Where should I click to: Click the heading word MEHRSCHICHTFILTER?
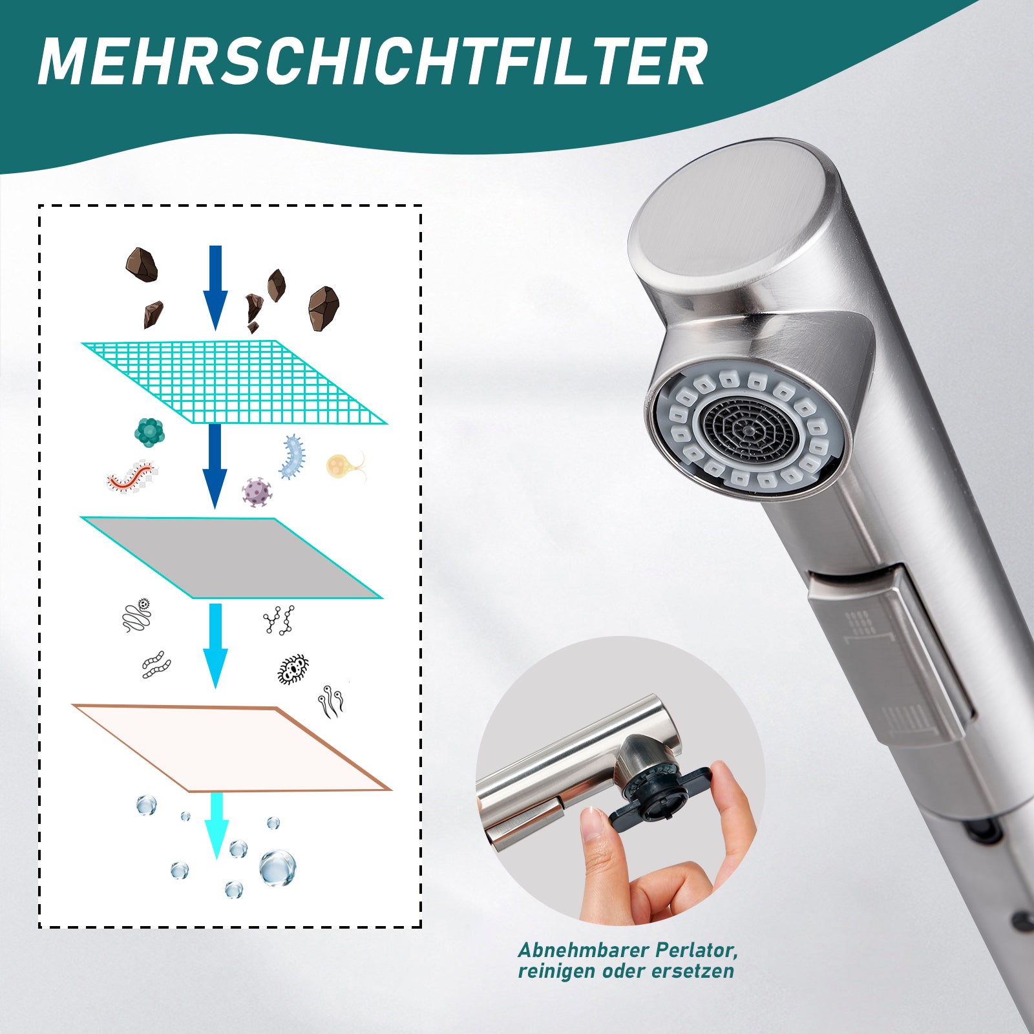(372, 61)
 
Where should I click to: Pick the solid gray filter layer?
(231, 557)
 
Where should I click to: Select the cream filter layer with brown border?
(232, 748)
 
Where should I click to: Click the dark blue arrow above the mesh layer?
(215, 288)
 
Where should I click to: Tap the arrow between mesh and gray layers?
(215, 466)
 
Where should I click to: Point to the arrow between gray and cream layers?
(215, 646)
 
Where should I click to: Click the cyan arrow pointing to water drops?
(216, 826)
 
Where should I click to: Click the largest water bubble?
(277, 868)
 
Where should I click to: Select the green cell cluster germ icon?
(149, 432)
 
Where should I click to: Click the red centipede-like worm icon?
(132, 476)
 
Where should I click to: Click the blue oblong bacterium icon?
(292, 456)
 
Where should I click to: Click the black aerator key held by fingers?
(660, 797)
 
